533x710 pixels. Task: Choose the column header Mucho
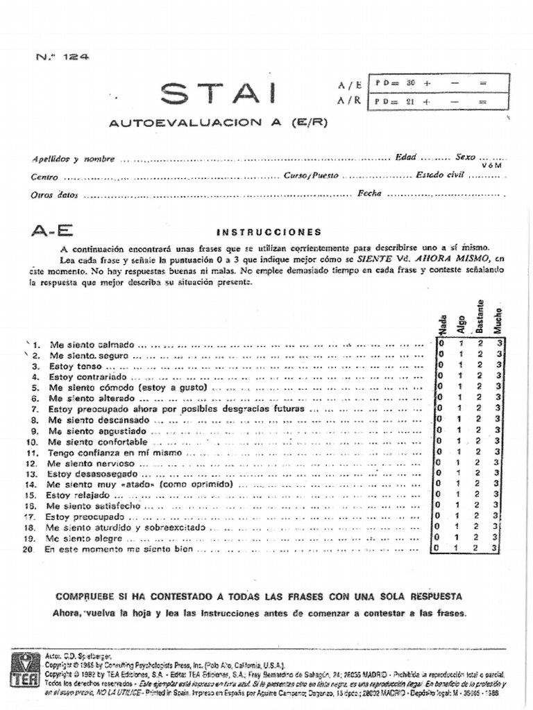pyautogui.click(x=498, y=320)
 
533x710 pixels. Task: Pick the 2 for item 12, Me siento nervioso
pyautogui.click(x=478, y=462)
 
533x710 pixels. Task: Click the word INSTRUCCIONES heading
pyautogui.click(x=269, y=232)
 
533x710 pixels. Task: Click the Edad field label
pyautogui.click(x=405, y=157)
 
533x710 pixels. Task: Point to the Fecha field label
pyautogui.click(x=369, y=193)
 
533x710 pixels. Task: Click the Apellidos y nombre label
pyautogui.click(x=73, y=159)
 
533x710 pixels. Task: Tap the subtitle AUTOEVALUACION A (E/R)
pyautogui.click(x=218, y=123)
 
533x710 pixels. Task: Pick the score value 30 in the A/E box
pyautogui.click(x=411, y=83)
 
